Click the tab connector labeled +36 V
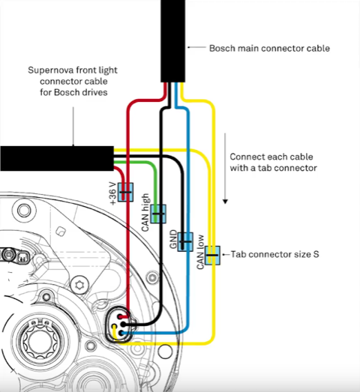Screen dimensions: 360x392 pos(125,192)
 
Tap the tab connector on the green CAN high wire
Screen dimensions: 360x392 pos(158,214)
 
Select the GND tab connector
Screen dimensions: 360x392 pos(185,242)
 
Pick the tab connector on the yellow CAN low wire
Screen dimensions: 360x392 pos(212,256)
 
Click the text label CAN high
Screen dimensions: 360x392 pos(145,213)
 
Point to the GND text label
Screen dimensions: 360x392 pos(173,239)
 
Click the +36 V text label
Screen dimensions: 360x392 pos(113,193)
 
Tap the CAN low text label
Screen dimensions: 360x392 pos(200,252)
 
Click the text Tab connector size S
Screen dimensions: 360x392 pos(274,255)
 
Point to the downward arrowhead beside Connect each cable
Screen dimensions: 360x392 pos(225,202)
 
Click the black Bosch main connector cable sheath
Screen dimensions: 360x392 pos(172,41)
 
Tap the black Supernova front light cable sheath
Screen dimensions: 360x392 pos(57,158)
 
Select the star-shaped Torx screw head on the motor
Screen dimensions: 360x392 pos(79,284)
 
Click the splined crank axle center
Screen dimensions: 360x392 pos(40,341)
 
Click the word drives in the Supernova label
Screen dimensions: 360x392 pos(97,92)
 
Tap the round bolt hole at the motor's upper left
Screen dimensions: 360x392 pos(24,211)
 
